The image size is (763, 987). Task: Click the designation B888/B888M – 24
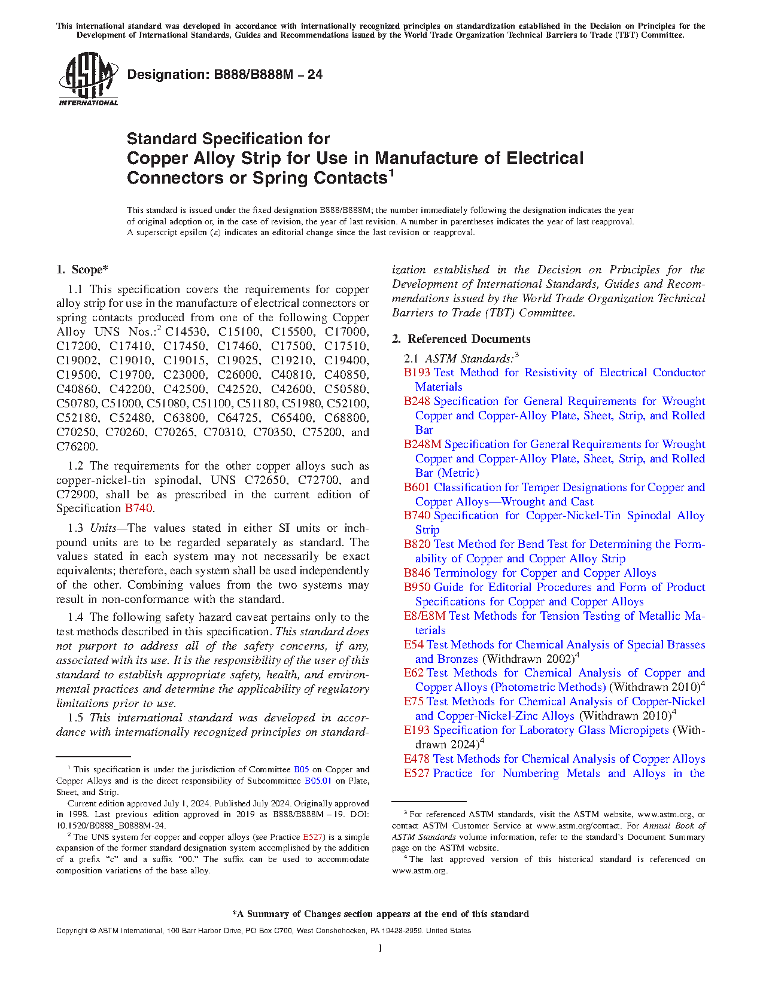tap(225, 75)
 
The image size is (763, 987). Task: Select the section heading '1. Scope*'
tap(83, 270)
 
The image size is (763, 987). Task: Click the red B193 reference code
tap(417, 373)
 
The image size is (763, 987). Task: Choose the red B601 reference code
tap(417, 488)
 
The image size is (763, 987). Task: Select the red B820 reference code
tap(417, 544)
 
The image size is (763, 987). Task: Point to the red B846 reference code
tap(417, 573)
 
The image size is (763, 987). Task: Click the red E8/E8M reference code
tap(424, 616)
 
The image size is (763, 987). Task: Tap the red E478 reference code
tap(417, 759)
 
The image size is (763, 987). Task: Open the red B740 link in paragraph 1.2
tap(138, 508)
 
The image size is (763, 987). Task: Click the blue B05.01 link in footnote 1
tap(318, 781)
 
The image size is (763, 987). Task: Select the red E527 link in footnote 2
tap(313, 837)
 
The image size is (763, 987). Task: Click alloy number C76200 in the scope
tap(77, 447)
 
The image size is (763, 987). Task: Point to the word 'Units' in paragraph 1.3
tap(103, 528)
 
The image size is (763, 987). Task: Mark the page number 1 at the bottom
tap(381, 948)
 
